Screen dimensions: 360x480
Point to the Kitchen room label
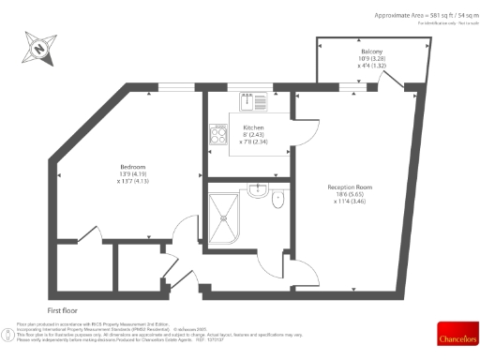tap(253, 127)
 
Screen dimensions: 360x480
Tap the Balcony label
tap(371, 52)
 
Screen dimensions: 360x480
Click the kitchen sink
tap(254, 100)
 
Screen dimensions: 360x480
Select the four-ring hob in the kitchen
tap(219, 135)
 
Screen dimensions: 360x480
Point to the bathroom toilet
tap(274, 199)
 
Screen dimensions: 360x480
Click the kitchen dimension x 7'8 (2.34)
tap(253, 142)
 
